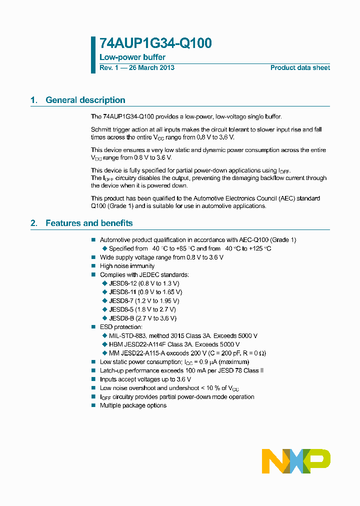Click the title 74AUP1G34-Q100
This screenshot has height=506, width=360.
pos(155,43)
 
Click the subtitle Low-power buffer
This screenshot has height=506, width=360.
pos(132,57)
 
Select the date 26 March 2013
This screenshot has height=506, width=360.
pos(151,68)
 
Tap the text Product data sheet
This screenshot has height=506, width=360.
pos(300,68)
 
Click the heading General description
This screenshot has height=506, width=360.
pos(85,100)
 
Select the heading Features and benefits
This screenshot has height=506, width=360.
pos(89,223)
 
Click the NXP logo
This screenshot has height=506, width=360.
pos(296,461)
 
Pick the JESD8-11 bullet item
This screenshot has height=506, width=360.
pos(145,292)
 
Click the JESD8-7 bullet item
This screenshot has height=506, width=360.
pos(143,301)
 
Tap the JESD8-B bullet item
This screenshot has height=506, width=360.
pos(142,318)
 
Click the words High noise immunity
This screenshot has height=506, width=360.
pos(127,266)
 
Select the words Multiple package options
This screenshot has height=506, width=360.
pos(133,405)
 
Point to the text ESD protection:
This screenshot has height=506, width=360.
pos(121,327)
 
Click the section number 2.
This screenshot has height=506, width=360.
pos(33,223)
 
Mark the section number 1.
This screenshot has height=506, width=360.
pos(33,100)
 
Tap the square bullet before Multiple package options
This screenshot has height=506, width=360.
pos(93,405)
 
